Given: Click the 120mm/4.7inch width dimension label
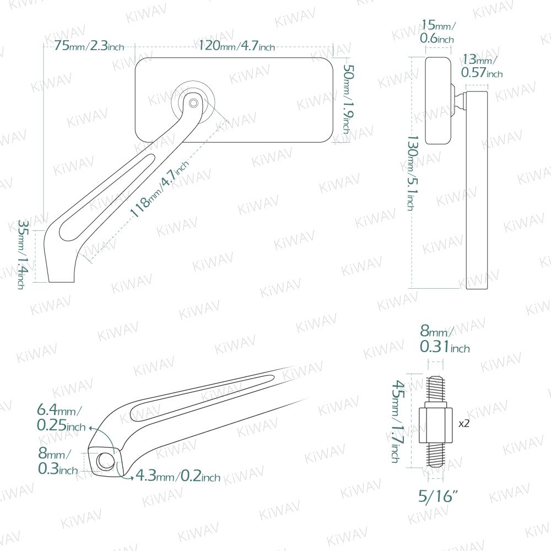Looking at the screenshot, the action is [236, 46].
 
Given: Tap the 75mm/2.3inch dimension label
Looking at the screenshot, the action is [89, 46].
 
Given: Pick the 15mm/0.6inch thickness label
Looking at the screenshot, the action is [437, 31].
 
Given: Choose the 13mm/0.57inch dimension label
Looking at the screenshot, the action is [482, 66].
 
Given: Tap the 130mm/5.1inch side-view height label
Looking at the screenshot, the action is [410, 173].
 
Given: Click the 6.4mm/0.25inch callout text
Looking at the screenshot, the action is [61, 418].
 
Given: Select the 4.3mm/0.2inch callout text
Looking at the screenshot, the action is [178, 476].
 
